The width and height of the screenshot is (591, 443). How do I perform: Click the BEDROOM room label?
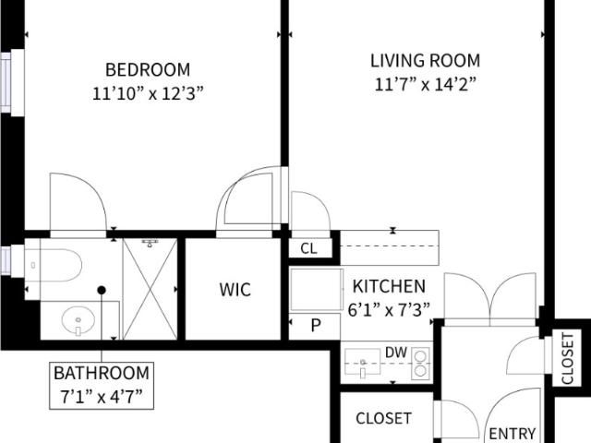pos(148,70)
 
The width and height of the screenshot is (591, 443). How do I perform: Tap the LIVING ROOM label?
pos(425,61)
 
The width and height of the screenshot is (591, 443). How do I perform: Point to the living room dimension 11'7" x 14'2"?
pos(425,84)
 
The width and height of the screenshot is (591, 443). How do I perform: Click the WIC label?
pos(235,290)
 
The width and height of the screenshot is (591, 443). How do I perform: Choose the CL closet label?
pos(308,248)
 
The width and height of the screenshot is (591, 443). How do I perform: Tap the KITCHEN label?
pos(389,287)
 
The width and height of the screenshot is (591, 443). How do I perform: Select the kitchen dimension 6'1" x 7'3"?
pos(389,310)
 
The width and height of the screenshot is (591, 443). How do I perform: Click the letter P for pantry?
pos(316,325)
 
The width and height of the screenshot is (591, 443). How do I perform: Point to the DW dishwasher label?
pos(396,353)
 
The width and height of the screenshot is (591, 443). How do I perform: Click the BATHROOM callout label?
pos(102,373)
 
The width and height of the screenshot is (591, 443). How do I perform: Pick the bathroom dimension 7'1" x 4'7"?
pos(102,397)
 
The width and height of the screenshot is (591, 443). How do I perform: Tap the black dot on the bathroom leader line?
pos(102,291)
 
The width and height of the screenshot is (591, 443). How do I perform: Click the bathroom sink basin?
pos(78,320)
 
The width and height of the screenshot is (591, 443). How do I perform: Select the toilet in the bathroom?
pos(54,265)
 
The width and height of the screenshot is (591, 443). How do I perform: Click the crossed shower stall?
pos(150,289)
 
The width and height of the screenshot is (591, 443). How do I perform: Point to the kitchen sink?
pos(362,362)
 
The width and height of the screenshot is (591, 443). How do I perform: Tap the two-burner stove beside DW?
pos(420,363)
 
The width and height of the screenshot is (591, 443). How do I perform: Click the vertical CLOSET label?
pos(567,358)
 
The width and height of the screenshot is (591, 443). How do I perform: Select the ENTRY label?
pos(513,434)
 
